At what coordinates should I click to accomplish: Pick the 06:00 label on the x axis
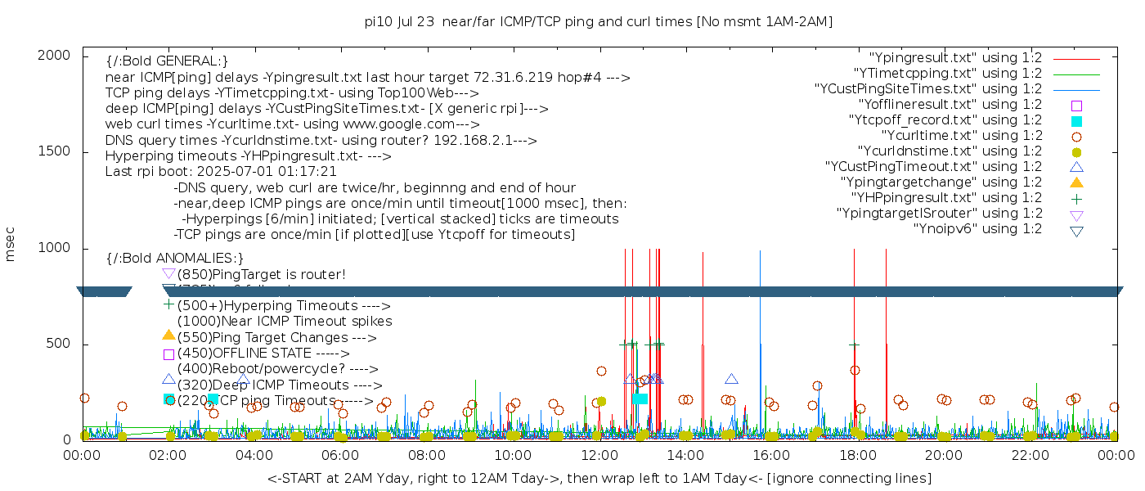340,454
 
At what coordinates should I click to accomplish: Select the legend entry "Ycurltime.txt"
962,136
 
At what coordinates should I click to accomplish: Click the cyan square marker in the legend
1077,121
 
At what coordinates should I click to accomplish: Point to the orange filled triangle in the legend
1077,182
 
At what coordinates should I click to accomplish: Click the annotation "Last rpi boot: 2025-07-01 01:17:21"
221,172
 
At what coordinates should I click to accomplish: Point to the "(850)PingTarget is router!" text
261,274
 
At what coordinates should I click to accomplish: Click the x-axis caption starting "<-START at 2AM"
599,478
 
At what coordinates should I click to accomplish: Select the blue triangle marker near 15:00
731,379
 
